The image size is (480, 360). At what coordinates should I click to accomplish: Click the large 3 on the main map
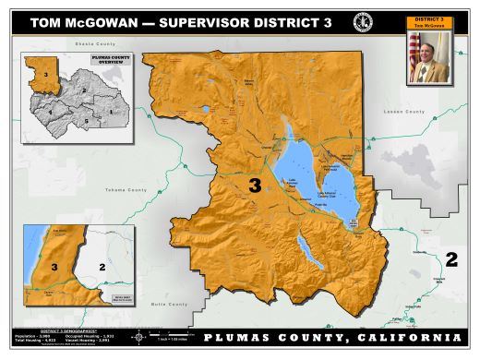[255, 186]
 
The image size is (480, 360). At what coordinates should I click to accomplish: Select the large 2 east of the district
[450, 258]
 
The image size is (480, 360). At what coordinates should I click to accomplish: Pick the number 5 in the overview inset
[87, 120]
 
